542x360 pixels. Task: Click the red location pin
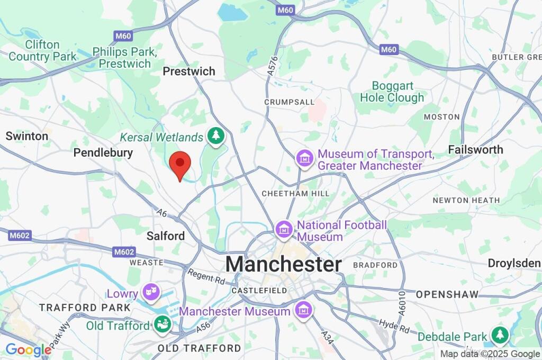point(179,164)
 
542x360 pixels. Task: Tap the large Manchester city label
point(284,264)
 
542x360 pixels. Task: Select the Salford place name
point(166,236)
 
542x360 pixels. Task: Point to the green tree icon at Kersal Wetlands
point(215,136)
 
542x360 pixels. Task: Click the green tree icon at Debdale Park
point(499,335)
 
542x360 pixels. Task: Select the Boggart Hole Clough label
point(392,92)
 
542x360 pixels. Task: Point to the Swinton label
point(27,136)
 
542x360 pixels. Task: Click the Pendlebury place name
point(103,152)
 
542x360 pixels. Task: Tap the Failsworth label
point(475,150)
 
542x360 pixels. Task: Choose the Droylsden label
point(514,264)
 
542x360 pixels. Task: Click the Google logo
point(28,349)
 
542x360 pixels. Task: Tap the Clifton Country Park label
point(42,50)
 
